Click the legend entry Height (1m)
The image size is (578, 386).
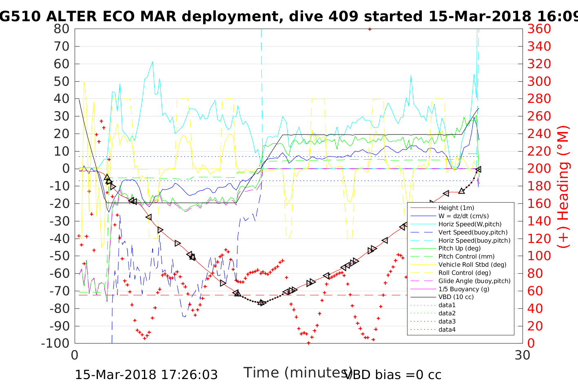coord(456,208)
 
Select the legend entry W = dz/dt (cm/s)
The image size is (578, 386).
coord(463,216)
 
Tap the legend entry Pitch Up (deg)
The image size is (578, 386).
coord(459,248)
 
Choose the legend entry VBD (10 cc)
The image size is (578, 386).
coord(456,297)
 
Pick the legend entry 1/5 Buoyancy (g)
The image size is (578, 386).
coord(464,289)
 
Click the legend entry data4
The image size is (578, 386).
coord(447,330)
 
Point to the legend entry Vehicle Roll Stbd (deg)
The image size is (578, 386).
coord(472,265)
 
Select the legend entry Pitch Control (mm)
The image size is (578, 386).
coord(466,257)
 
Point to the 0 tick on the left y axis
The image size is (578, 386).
coord(65,169)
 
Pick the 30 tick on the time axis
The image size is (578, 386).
coord(523,355)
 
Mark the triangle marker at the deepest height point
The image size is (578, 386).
coord(261,303)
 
